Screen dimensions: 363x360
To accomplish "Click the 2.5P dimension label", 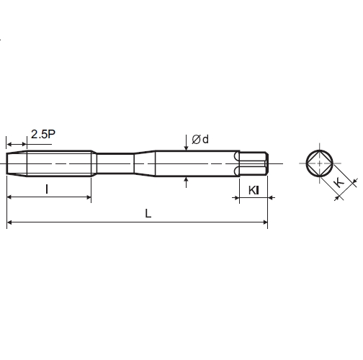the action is (43, 134).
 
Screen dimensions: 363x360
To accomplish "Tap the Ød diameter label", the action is (200, 140).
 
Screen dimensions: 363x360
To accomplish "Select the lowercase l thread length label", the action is (47, 189).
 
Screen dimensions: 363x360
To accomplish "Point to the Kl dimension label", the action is (254, 190).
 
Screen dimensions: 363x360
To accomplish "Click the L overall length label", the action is (148, 213).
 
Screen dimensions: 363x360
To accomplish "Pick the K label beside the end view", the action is (339, 183).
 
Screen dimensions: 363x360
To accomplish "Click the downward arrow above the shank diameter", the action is (187, 143).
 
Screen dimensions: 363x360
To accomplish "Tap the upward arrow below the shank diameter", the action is (187, 182).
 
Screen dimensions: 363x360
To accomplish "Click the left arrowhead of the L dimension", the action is (9, 222).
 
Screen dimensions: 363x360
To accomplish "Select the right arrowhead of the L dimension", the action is (265, 222).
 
